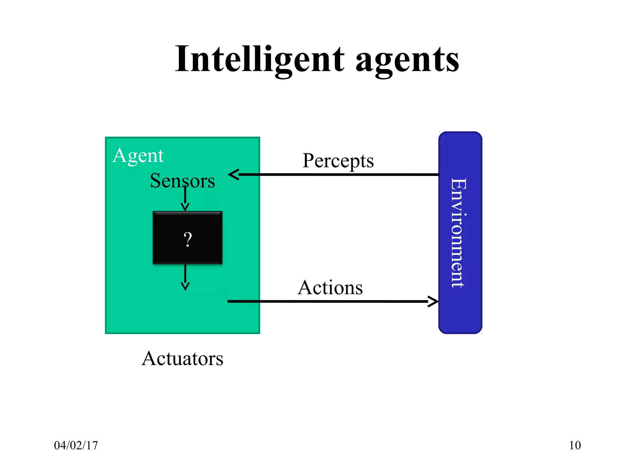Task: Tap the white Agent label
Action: tap(138, 156)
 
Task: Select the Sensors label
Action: tap(182, 181)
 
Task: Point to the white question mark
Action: tap(188, 240)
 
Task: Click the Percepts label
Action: tap(338, 161)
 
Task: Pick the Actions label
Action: tap(330, 288)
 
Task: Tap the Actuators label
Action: tap(182, 359)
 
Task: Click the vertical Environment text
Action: tap(459, 232)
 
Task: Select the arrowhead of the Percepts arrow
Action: tap(234, 174)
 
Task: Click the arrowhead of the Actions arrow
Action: tap(433, 301)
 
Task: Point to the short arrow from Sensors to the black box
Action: tap(185, 198)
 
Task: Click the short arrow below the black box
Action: tap(185, 277)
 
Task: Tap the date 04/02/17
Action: tap(76, 445)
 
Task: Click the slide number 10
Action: tap(575, 445)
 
